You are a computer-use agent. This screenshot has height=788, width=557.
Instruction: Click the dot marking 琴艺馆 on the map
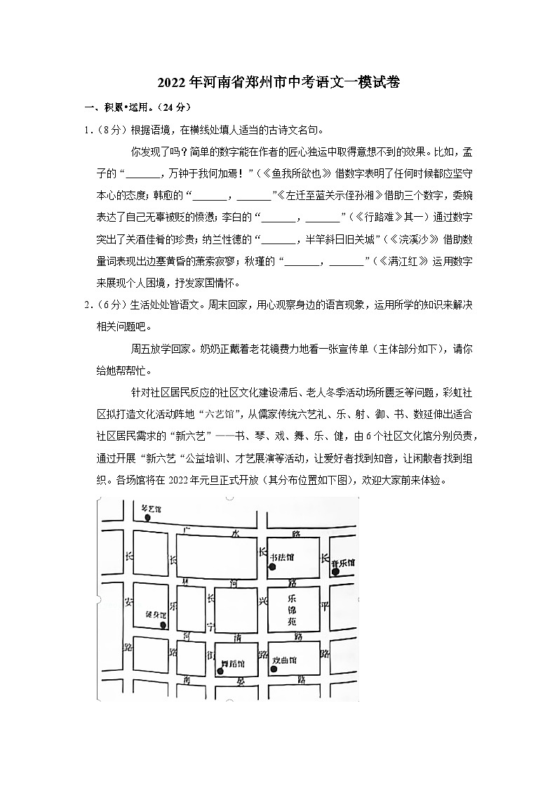(148, 518)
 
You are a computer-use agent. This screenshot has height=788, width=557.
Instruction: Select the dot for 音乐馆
(336, 572)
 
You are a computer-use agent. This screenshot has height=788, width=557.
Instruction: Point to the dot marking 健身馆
(163, 625)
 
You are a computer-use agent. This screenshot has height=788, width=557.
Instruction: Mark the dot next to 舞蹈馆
(220, 672)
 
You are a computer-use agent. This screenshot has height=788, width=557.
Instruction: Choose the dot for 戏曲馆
(274, 669)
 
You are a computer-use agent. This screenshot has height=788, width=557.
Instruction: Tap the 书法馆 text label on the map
(285, 557)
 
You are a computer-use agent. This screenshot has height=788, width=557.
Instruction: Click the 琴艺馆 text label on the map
(150, 507)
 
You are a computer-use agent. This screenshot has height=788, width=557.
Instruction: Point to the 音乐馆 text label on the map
(344, 563)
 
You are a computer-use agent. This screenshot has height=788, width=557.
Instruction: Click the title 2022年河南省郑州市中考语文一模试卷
(278, 82)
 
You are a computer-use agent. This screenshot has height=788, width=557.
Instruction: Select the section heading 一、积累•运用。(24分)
(137, 107)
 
